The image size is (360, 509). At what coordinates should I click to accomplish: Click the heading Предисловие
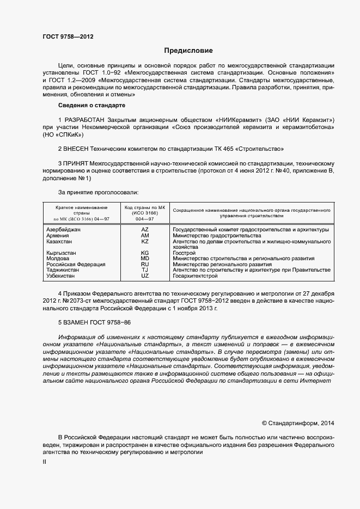pyautogui.click(x=180, y=50)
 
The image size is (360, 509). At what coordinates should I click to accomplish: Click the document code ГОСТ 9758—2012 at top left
pyautogui.click(x=68, y=37)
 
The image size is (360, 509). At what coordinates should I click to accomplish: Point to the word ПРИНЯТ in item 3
pyautogui.click(x=76, y=163)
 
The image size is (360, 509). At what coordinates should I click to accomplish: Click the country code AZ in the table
pyautogui.click(x=145, y=230)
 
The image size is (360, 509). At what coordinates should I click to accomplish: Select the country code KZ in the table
pyautogui.click(x=145, y=241)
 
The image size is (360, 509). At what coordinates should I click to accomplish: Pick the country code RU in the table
pyautogui.click(x=145, y=264)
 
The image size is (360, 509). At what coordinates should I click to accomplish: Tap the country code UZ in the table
pyautogui.click(x=145, y=275)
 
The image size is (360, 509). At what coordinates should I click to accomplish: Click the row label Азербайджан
pyautogui.click(x=64, y=230)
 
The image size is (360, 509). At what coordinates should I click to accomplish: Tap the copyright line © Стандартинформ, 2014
pyautogui.click(x=298, y=423)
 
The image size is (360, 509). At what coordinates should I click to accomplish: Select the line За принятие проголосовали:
pyautogui.click(x=98, y=192)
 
